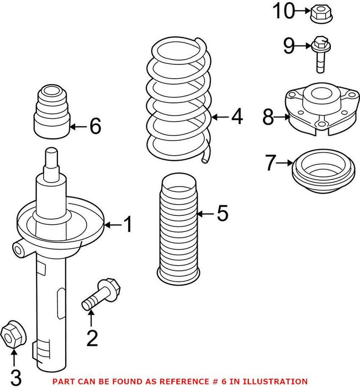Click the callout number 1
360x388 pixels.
128,224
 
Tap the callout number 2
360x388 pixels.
91,338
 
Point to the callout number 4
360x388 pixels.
237,117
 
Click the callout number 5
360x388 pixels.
222,214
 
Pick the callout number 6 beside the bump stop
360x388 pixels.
95,127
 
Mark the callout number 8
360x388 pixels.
269,118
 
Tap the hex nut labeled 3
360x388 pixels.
13,336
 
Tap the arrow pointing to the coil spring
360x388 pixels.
220,117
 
